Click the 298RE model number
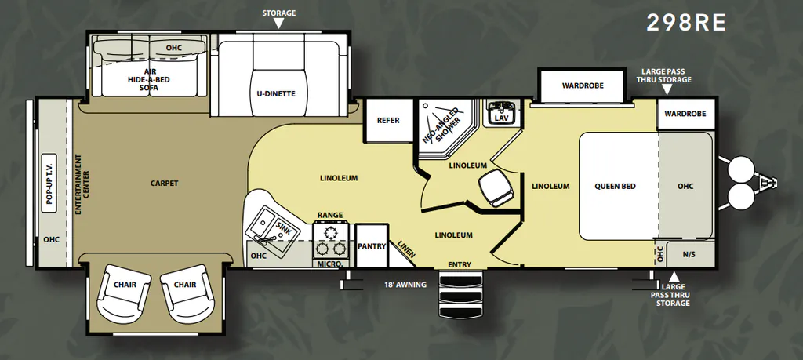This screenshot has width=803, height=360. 686,23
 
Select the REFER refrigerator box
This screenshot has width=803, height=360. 388,121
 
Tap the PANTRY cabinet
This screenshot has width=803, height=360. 371,245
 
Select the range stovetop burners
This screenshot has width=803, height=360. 330,240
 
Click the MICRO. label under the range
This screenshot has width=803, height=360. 330,264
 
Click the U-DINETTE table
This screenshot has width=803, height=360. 276,93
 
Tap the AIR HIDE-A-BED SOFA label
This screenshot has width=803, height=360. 148,80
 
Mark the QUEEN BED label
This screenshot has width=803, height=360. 615,187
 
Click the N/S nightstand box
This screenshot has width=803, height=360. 689,254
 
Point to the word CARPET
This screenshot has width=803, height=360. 165,183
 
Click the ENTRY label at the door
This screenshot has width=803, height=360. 460,264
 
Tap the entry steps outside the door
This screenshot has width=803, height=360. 461,295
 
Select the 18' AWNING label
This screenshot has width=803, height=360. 405,285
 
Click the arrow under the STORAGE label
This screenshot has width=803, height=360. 278,23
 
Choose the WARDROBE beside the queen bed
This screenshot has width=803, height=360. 685,114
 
